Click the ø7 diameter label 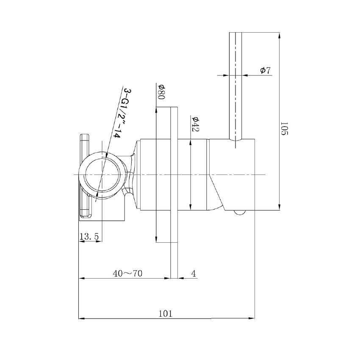tap(266, 70)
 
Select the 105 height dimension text tap(284, 128)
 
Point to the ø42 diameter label tap(195, 124)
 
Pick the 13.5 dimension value tap(89, 237)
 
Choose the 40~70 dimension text tap(127, 274)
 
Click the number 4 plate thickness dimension tap(194, 274)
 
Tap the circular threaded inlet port tap(102, 174)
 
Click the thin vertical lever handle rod tap(235, 85)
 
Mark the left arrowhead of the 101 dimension tap(82, 318)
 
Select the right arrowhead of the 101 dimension tap(252, 318)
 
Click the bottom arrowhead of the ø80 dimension tap(157, 240)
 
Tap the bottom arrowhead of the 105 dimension tap(279, 207)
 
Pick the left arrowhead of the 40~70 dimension tap(82, 278)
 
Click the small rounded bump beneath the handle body tap(240, 213)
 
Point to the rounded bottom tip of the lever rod tap(235, 145)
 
